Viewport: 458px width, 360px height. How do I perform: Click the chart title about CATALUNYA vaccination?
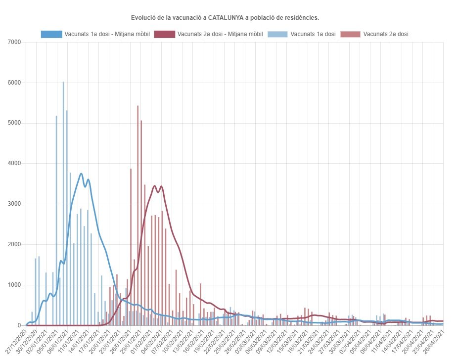225,18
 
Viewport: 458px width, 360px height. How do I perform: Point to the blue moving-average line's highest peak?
81,174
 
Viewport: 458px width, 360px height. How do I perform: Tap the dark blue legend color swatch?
52,34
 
